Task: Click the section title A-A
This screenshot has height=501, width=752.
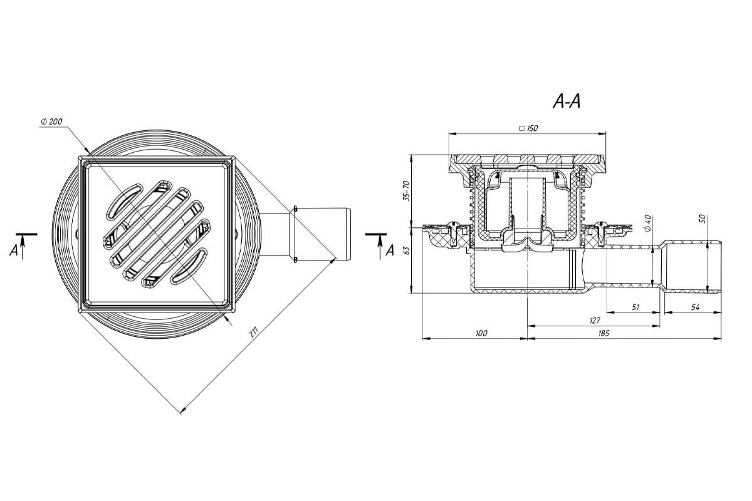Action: (x=567, y=101)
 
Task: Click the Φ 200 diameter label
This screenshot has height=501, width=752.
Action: (x=51, y=121)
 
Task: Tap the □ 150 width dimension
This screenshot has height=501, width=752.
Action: (x=529, y=128)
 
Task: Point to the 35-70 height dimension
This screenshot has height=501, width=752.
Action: (x=406, y=190)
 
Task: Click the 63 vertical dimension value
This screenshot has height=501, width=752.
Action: (x=406, y=250)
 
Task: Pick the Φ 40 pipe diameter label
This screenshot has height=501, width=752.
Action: (x=647, y=223)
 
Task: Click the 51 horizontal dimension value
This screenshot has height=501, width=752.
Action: (x=635, y=307)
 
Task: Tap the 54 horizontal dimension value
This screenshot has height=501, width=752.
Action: (x=695, y=307)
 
